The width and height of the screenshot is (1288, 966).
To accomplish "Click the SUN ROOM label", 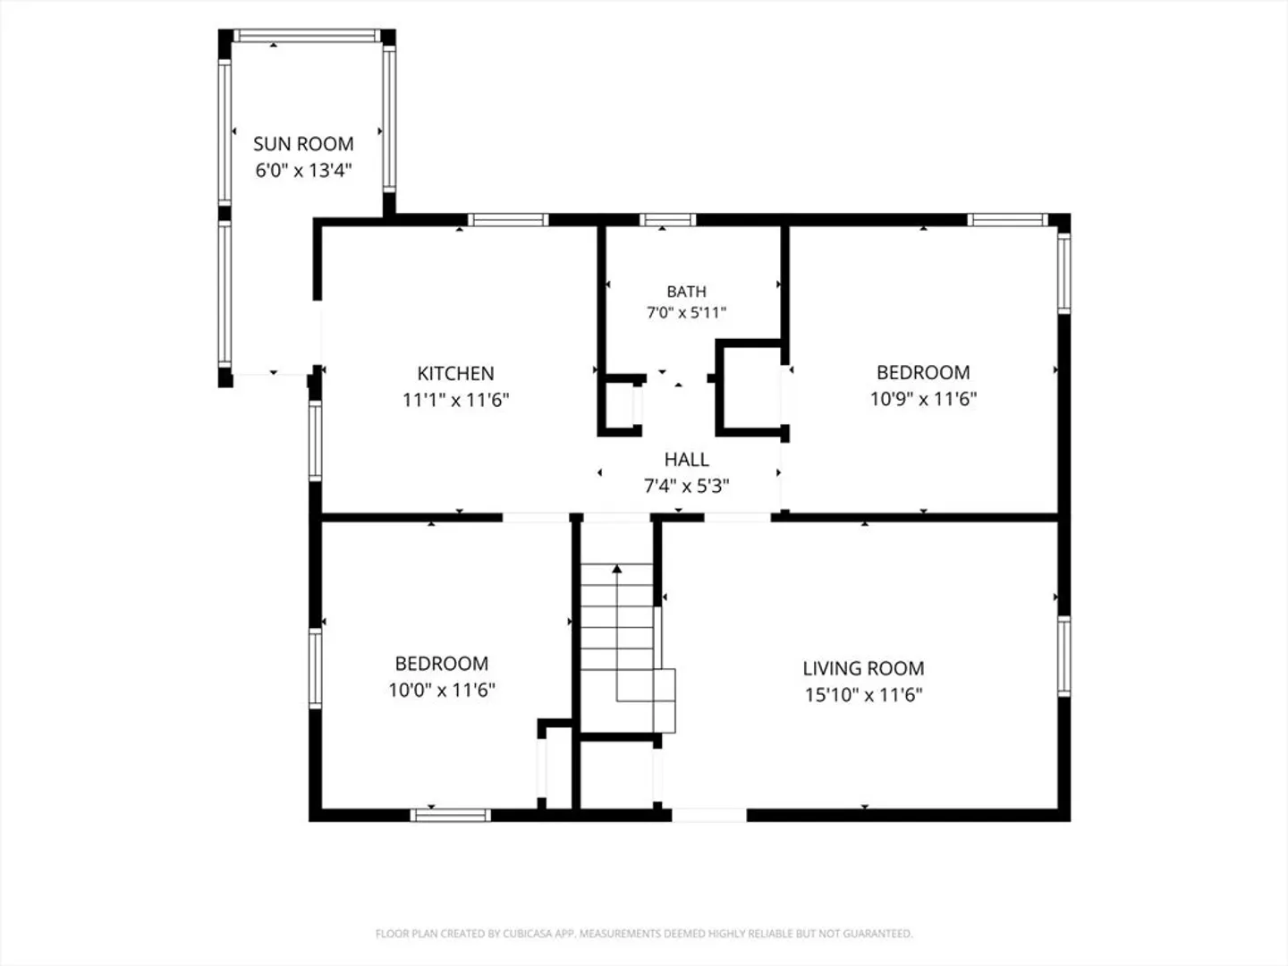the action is pyautogui.click(x=303, y=144).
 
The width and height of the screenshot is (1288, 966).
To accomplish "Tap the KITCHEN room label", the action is pyautogui.click(x=455, y=373).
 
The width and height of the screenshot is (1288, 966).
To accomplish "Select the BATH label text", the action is pyautogui.click(x=687, y=292).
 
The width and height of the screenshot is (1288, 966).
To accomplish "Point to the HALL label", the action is pyautogui.click(x=687, y=459).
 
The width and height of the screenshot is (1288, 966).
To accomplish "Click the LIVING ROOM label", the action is pyautogui.click(x=863, y=668).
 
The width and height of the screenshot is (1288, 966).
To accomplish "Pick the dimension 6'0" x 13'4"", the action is pyautogui.click(x=303, y=170).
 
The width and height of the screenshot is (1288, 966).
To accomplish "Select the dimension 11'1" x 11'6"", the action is pyautogui.click(x=455, y=400).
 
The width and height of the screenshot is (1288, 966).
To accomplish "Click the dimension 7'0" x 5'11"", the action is pyautogui.click(x=687, y=313).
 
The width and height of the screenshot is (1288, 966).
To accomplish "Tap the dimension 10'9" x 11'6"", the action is pyautogui.click(x=923, y=399).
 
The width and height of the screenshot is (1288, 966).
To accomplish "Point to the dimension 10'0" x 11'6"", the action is pyautogui.click(x=442, y=690).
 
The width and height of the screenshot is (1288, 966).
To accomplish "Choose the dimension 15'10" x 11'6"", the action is pyautogui.click(x=863, y=695).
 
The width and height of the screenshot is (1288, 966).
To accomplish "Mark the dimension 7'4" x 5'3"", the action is pyautogui.click(x=687, y=487).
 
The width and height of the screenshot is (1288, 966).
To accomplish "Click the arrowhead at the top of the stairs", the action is pyautogui.click(x=616, y=568).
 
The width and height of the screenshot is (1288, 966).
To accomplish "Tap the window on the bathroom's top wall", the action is pyautogui.click(x=667, y=220).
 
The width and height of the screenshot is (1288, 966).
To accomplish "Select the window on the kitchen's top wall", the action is pyautogui.click(x=508, y=220).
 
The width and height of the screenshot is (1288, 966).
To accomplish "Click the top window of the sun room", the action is pyautogui.click(x=307, y=36).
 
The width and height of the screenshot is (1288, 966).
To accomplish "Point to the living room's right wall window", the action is pyautogui.click(x=1063, y=657).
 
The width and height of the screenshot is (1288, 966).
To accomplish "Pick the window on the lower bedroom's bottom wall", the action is pyautogui.click(x=450, y=815).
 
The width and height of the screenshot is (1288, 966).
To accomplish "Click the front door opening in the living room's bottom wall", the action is pyautogui.click(x=708, y=815).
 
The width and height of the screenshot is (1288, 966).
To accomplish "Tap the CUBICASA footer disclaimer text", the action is pyautogui.click(x=644, y=933).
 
